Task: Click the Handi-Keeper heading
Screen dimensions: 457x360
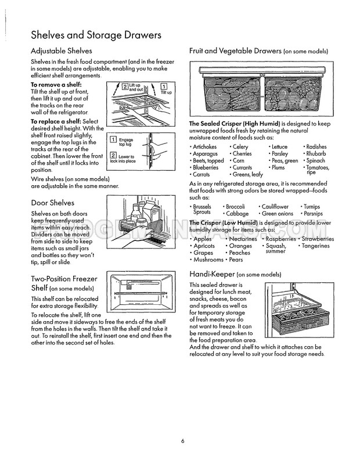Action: point(212,274)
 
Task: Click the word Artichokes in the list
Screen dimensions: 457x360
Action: point(203,147)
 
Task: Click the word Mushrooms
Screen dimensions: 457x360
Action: point(207,260)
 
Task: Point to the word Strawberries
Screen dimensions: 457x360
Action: point(320,239)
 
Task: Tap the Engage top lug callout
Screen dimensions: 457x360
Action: point(125,141)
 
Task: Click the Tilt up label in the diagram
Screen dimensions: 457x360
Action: point(165,92)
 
